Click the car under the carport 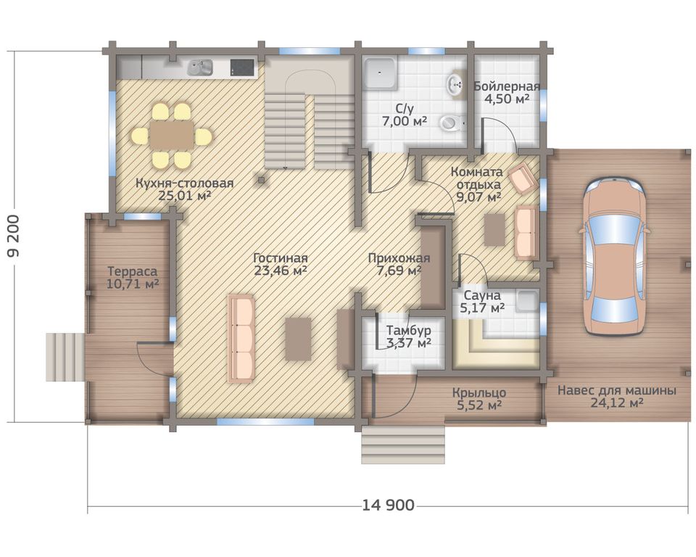(614, 256)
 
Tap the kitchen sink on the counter (199, 67)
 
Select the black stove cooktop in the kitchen (243, 67)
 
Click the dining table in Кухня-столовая (172, 136)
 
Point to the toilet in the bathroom (452, 122)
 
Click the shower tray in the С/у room (380, 73)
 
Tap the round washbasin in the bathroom (455, 83)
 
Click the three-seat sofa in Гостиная (241, 338)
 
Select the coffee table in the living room (298, 339)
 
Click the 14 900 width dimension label (389, 505)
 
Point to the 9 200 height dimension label (13, 236)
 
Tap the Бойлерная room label (507, 86)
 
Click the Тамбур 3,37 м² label (408, 337)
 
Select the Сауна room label (482, 295)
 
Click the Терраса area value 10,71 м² (133, 284)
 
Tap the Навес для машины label (617, 391)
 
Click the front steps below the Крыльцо (403, 444)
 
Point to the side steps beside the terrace (65, 357)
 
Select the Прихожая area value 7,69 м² (399, 270)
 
